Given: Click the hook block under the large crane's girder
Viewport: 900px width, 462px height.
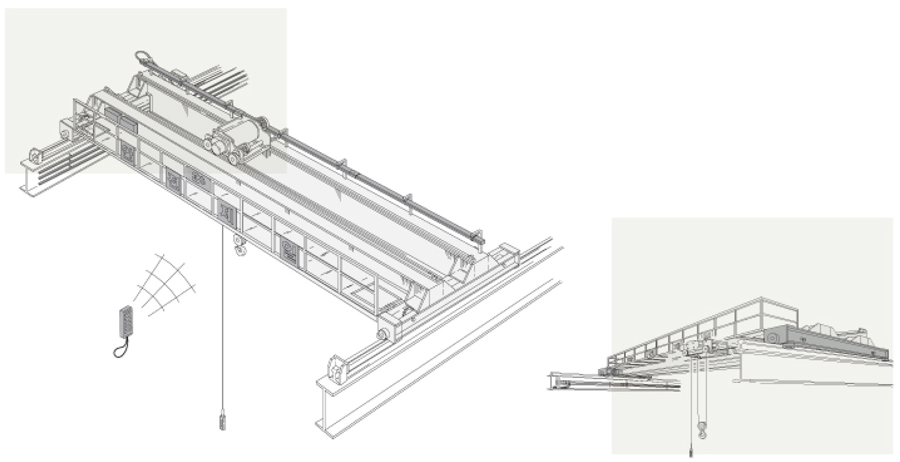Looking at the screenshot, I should (241, 247).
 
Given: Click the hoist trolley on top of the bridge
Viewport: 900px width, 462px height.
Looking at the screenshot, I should (236, 140).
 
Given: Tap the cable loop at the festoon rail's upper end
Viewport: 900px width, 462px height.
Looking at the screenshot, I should (144, 58).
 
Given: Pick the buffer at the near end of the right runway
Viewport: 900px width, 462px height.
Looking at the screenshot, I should (337, 370).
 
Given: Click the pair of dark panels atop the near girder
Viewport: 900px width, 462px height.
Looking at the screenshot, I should (121, 119).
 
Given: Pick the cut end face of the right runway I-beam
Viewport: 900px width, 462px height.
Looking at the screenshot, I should (327, 414).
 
